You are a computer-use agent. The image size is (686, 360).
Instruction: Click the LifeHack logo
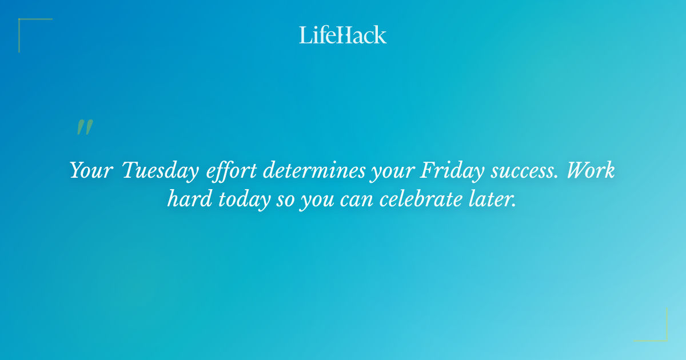point(343,35)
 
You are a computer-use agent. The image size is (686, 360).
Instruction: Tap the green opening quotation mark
point(84,127)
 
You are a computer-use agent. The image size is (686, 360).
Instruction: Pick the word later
point(490,201)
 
